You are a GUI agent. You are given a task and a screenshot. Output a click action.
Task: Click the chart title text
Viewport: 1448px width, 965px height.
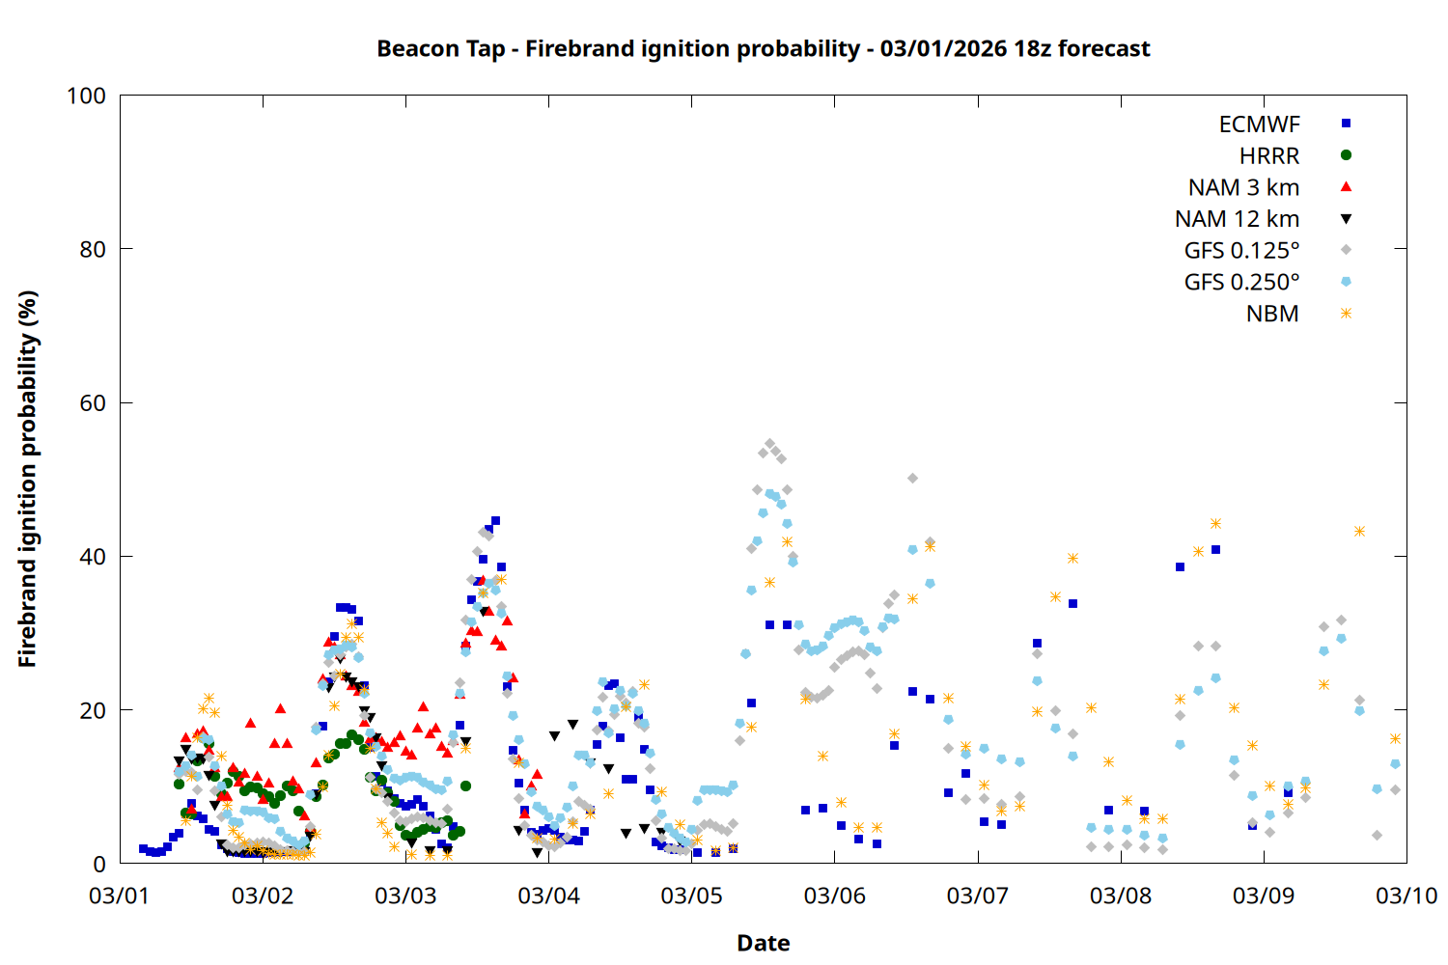click(763, 48)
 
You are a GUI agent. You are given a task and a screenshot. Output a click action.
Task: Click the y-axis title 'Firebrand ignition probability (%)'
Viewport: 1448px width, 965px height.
click(27, 479)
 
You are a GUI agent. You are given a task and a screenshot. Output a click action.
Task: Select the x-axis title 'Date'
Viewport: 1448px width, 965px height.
click(763, 943)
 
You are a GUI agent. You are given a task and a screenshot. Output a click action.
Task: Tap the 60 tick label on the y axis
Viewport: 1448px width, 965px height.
click(93, 403)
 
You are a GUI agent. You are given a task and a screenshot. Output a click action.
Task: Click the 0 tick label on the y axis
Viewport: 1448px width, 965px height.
click(98, 864)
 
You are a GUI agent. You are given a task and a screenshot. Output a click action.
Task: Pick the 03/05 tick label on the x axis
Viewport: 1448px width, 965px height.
click(691, 896)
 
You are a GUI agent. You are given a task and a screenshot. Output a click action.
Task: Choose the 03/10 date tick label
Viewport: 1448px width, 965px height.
click(1406, 896)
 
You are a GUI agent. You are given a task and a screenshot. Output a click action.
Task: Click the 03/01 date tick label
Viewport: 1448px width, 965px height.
click(119, 896)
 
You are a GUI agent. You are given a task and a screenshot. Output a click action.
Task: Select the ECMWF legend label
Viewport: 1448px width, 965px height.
click(1259, 124)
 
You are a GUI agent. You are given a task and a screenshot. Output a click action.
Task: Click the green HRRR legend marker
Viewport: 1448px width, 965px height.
click(1346, 155)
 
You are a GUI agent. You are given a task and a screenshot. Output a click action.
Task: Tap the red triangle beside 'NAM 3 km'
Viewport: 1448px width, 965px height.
click(1346, 186)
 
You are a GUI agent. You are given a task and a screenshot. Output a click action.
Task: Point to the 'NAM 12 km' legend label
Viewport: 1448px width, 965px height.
click(1237, 219)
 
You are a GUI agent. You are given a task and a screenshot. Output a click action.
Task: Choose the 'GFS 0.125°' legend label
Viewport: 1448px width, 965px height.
click(1241, 251)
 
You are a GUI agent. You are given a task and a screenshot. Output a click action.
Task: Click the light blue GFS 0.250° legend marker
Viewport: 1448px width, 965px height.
click(1346, 282)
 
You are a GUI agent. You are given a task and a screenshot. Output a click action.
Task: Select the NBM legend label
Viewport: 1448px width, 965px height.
click(1272, 314)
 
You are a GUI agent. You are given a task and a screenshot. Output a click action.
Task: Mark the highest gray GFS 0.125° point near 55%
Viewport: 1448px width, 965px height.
click(769, 444)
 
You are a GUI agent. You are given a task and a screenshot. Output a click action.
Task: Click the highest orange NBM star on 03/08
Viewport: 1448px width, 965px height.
click(1215, 524)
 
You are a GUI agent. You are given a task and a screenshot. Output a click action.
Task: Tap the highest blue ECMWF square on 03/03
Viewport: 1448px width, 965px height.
click(495, 520)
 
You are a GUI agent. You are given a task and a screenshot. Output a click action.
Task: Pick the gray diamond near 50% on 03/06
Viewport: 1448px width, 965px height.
click(912, 478)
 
